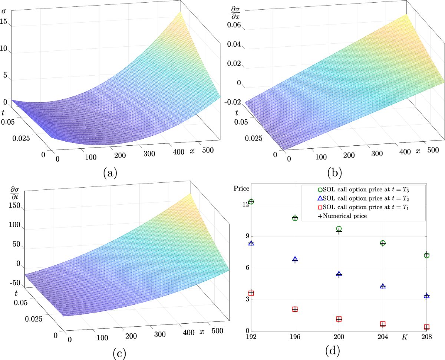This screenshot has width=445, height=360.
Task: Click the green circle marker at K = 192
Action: tap(251, 202)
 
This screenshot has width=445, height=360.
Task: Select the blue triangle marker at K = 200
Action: tap(339, 274)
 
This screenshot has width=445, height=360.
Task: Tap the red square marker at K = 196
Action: tap(295, 309)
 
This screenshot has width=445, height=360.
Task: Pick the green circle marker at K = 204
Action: tap(383, 243)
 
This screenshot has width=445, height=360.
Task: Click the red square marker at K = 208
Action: tap(426, 327)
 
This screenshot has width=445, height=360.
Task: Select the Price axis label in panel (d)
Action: tap(241, 188)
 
